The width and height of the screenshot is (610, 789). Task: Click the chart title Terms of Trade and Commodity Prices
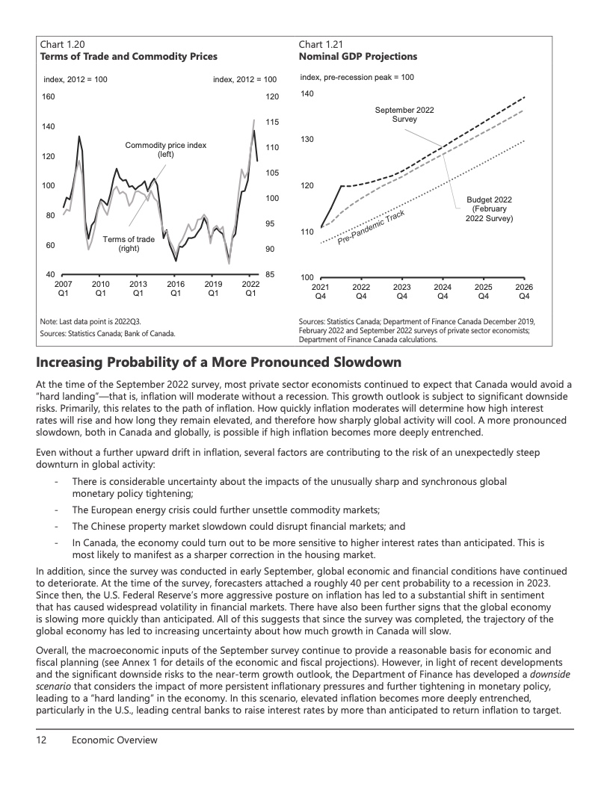[x=129, y=56]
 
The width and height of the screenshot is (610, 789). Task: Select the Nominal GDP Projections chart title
[x=357, y=56]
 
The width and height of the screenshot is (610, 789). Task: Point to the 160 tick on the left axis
[x=48, y=97]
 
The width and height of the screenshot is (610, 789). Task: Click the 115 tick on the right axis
[x=272, y=122]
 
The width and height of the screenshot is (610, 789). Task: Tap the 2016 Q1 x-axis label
[x=176, y=288]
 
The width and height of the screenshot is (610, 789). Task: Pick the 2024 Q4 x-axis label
[x=443, y=291]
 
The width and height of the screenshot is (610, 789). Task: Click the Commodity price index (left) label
[x=165, y=149]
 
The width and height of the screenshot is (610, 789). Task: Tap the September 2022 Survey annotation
[x=404, y=115]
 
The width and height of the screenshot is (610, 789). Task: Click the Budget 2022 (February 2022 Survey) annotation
[x=489, y=209]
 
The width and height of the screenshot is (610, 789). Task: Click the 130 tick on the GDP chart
[x=306, y=140]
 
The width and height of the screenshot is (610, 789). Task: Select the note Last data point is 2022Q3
[x=90, y=321]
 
